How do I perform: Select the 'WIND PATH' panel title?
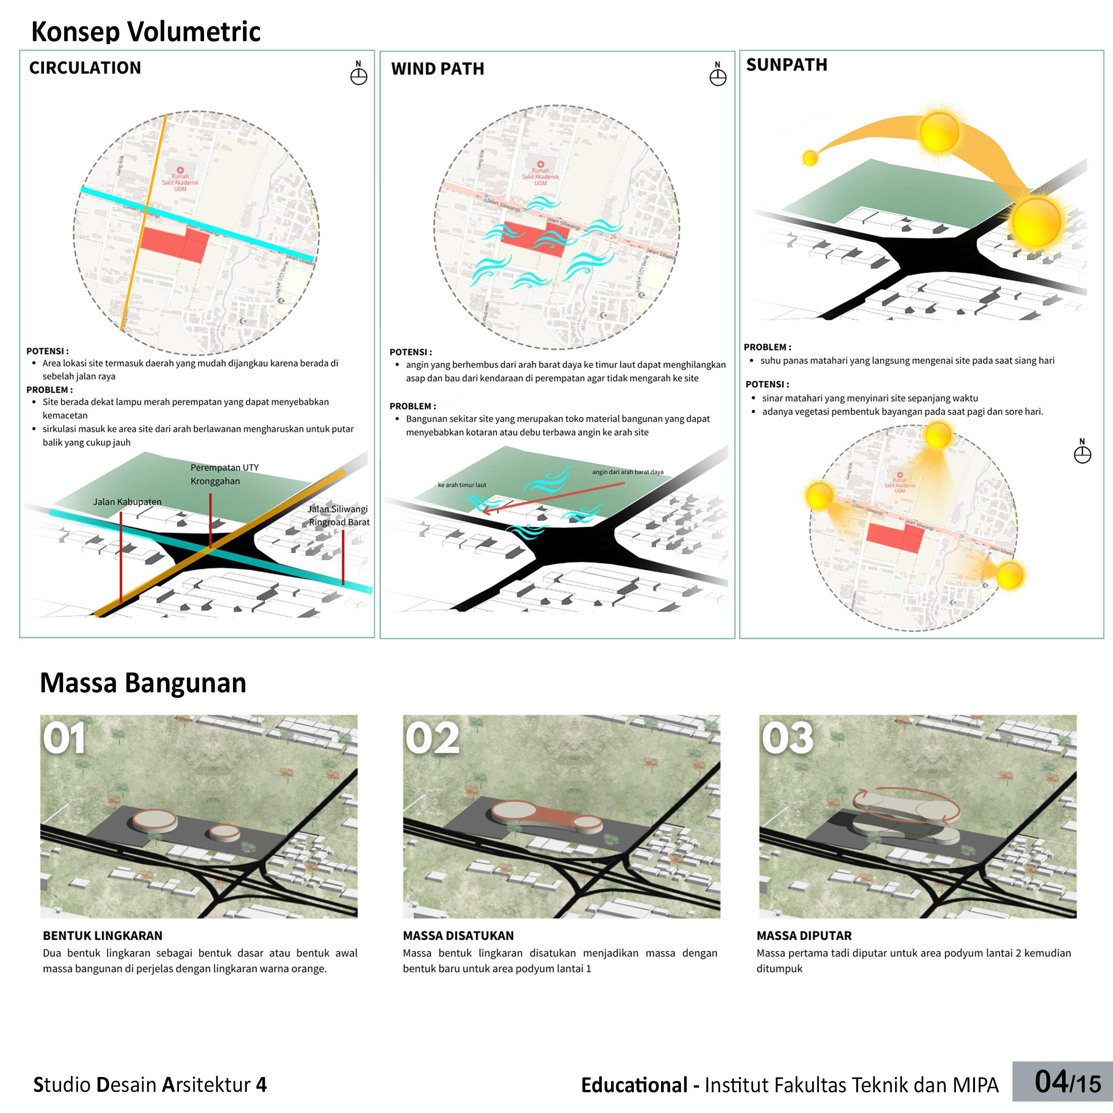[437, 69]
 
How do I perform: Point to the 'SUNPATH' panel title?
[787, 65]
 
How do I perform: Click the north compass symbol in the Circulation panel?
[358, 75]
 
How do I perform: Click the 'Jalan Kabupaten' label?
[127, 502]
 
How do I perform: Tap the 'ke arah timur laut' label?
[462, 485]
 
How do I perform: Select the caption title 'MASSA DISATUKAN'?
[458, 936]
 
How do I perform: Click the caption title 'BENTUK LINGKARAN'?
[102, 936]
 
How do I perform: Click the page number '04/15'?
[1067, 1082]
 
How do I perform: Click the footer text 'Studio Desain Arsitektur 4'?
[150, 1085]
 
